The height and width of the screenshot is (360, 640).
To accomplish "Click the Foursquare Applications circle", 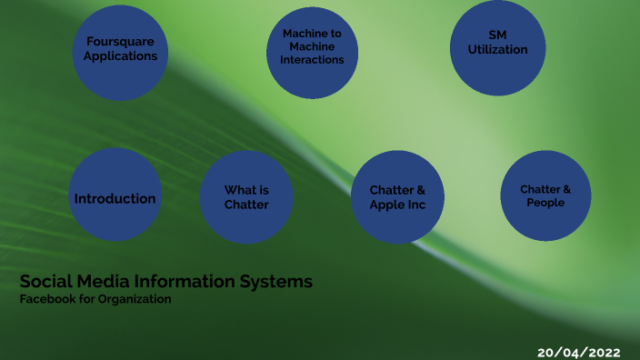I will (x=120, y=51).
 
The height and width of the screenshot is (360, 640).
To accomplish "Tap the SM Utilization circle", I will (x=497, y=48).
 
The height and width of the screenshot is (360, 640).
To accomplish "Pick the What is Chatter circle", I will (x=246, y=196).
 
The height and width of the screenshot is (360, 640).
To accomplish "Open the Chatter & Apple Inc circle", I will (x=397, y=196).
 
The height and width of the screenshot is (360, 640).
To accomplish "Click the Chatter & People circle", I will (x=545, y=195).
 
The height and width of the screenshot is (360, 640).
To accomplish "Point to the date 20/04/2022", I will (x=580, y=350).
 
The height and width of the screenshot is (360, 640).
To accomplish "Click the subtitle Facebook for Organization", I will (x=95, y=299).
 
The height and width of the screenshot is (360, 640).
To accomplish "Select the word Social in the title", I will (x=43, y=282).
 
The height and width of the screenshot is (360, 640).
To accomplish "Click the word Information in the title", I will (x=183, y=282).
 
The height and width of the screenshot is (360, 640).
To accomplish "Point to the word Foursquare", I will (x=120, y=42).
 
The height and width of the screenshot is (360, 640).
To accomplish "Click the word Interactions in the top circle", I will (x=312, y=60).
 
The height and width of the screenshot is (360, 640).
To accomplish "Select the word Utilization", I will (x=497, y=50).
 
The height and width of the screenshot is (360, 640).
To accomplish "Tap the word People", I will (x=545, y=203).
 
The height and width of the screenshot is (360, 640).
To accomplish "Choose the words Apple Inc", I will (x=397, y=205).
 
